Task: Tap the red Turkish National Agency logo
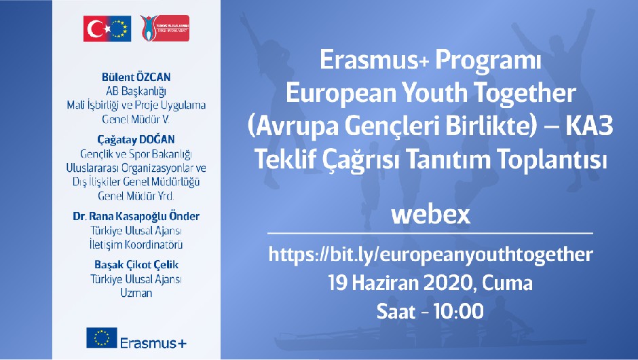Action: [165, 28]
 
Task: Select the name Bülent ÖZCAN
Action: [136, 77]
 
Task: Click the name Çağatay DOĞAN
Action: [136, 140]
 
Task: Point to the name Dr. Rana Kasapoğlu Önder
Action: [136, 216]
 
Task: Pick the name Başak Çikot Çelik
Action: [136, 265]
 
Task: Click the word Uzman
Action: [136, 293]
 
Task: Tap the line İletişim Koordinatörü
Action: [136, 245]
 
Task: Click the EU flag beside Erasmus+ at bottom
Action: [102, 338]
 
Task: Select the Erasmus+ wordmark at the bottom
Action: [153, 343]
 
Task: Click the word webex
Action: [430, 215]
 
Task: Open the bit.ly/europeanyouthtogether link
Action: [430, 255]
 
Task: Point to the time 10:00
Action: [459, 312]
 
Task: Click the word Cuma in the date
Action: [507, 283]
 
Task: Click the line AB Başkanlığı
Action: [136, 91]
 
